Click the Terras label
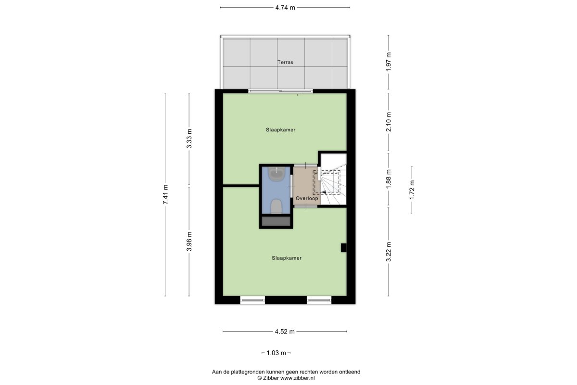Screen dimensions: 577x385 point(285,62)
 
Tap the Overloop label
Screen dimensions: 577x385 point(307,198)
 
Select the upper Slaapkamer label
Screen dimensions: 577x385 point(280,130)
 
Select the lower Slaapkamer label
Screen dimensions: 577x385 point(287,258)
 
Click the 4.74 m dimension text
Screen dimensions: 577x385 point(285,8)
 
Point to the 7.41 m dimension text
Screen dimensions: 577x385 point(165,194)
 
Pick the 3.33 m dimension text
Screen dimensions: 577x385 point(189,139)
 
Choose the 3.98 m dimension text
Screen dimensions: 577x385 point(189,242)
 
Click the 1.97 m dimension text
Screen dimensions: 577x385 point(389,62)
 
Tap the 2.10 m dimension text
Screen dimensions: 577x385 point(389,122)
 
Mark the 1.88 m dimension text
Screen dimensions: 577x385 point(389,179)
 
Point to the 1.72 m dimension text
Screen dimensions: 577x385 point(412,190)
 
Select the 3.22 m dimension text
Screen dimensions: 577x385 point(389,252)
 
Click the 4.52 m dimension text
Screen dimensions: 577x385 point(285,332)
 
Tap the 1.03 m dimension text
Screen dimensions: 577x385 point(276,353)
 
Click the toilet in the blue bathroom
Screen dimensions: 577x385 point(276,206)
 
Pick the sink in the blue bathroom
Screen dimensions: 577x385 point(276,174)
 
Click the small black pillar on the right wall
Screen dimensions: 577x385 point(344,247)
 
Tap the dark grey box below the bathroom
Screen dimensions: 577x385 point(276,221)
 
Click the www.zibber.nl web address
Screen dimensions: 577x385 point(298,378)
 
